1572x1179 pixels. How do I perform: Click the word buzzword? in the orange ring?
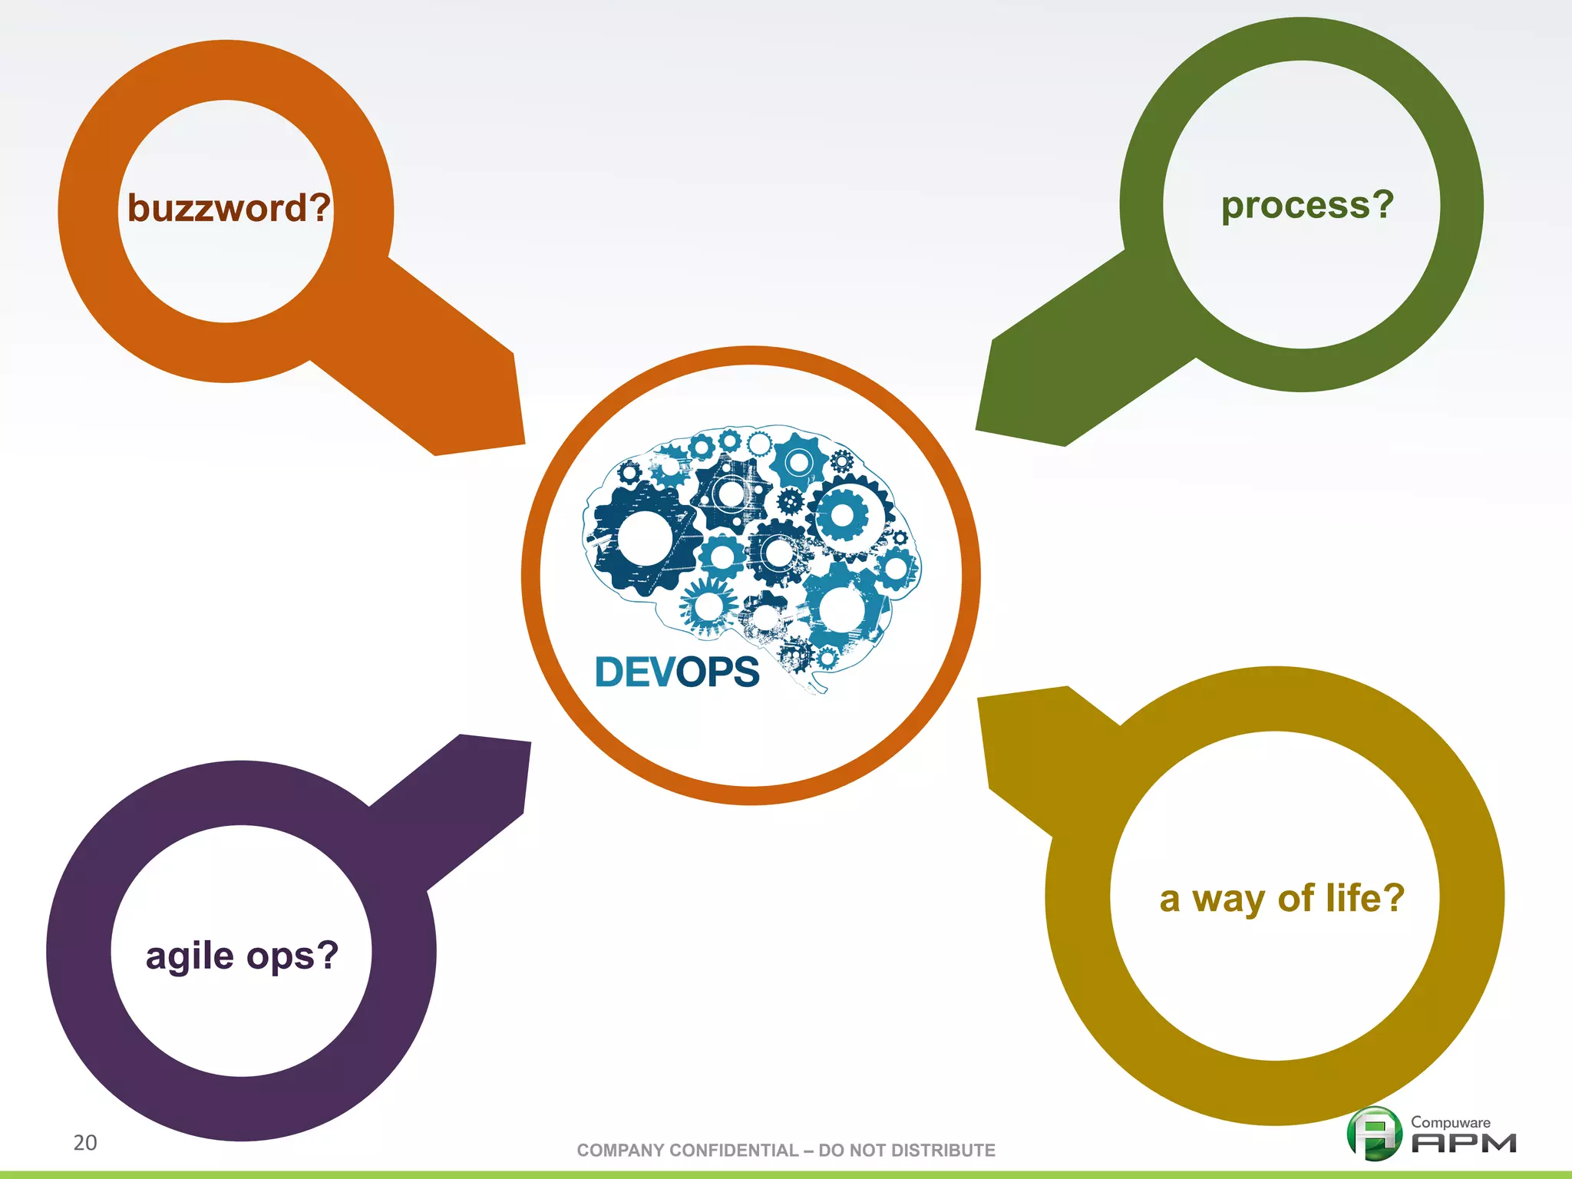pos(229,208)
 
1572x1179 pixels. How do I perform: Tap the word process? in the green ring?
pos(1307,206)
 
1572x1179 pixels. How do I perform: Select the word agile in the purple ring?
pos(190,957)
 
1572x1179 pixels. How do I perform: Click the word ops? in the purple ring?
pos(292,957)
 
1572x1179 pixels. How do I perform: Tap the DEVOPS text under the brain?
pos(677,672)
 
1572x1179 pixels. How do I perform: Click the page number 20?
pos(85,1143)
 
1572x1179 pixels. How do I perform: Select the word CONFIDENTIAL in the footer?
pos(733,1151)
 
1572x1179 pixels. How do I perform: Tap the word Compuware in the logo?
pos(1450,1122)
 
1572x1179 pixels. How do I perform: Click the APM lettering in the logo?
pos(1464,1144)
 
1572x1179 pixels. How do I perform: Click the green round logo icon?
pos(1374,1133)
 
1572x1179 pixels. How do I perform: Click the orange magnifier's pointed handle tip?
pos(491,414)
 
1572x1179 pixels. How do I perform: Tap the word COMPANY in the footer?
pos(620,1151)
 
